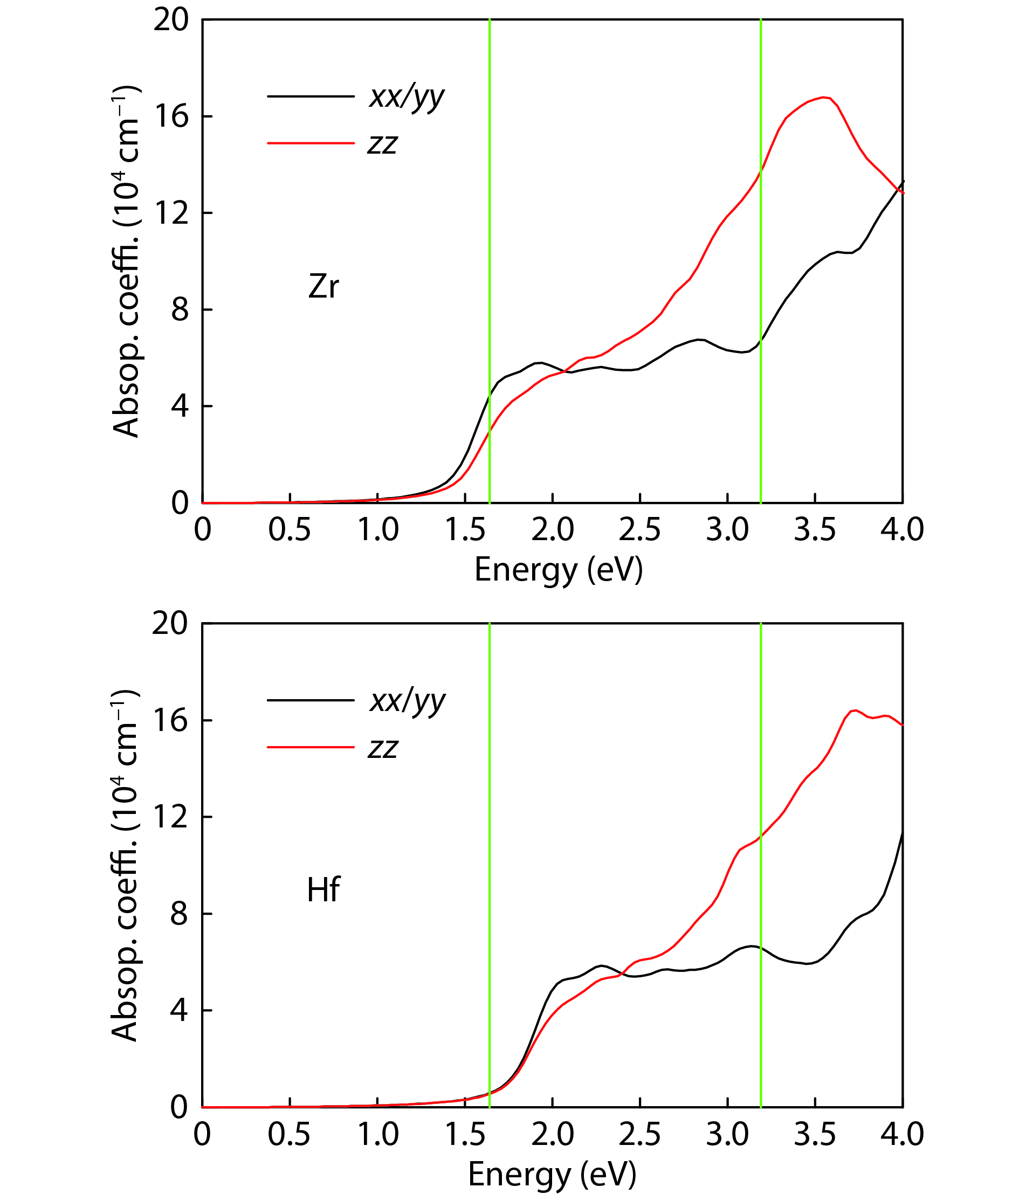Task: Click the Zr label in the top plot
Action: [x=323, y=286]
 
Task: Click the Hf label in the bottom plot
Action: [x=323, y=890]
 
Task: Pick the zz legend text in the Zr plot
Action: [x=383, y=144]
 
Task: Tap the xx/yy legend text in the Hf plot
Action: [x=408, y=702]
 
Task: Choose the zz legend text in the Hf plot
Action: [x=383, y=749]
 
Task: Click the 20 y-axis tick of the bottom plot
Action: [x=170, y=624]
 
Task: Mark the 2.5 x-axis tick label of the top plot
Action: [x=640, y=529]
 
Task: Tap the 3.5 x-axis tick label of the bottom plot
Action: [x=815, y=1134]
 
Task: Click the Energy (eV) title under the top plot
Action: [x=558, y=570]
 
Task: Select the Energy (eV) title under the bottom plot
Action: [x=552, y=1175]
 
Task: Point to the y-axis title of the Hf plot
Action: [x=125, y=866]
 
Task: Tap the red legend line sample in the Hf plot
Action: [x=311, y=748]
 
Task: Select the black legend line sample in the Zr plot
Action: [x=311, y=96]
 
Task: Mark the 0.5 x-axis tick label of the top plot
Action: [x=290, y=529]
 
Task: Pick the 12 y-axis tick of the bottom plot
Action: [x=170, y=817]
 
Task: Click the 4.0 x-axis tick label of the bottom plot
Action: [x=902, y=1134]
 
